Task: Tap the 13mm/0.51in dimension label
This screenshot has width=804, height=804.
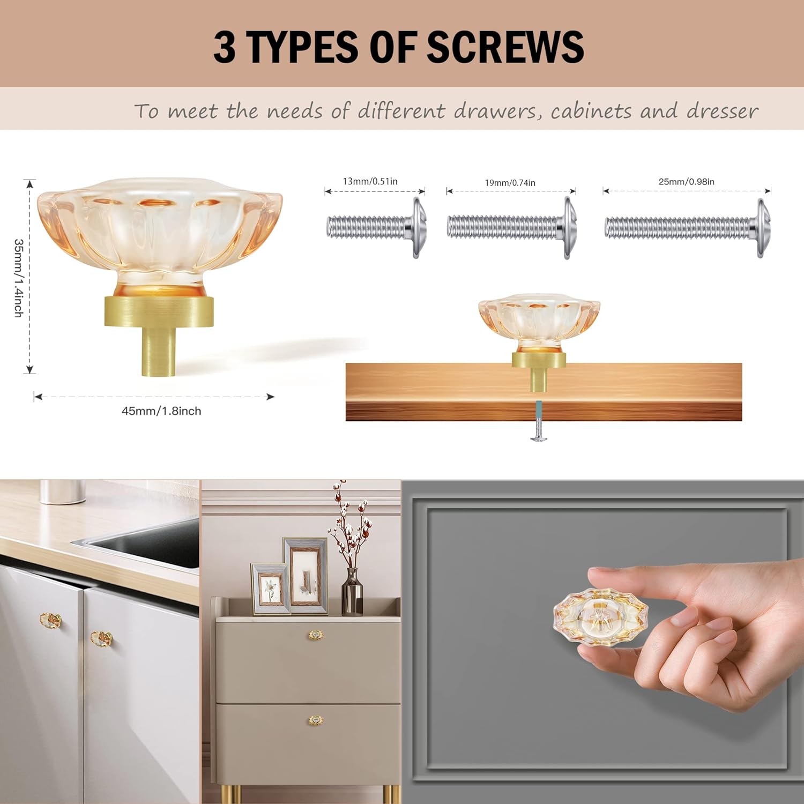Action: [370, 181]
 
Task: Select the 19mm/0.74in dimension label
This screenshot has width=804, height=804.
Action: [510, 183]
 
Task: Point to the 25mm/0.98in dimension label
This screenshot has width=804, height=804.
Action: [686, 182]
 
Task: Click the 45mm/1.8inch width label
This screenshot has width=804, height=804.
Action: [161, 411]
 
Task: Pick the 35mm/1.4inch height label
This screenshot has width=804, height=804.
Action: [19, 278]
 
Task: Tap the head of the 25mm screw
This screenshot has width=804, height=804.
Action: [763, 228]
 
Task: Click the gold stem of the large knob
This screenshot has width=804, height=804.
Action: [158, 351]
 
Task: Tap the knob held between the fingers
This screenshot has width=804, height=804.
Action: [600, 616]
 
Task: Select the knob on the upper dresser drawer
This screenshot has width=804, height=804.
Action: [316, 635]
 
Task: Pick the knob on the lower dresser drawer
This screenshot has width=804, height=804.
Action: [316, 720]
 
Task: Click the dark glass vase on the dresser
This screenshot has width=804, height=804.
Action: [352, 592]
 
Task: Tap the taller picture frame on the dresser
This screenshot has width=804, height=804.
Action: [306, 576]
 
